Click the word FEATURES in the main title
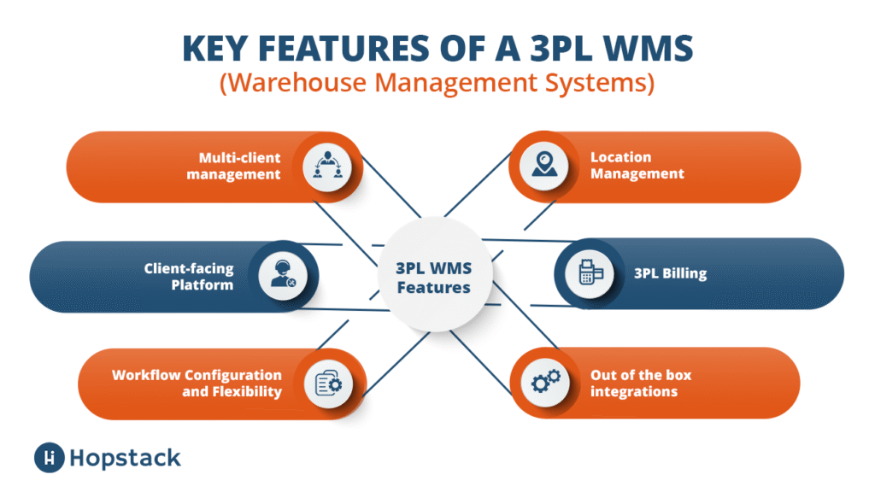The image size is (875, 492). (344, 48)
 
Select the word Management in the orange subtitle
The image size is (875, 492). (455, 83)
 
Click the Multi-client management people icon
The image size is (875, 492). (327, 166)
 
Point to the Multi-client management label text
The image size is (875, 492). (233, 166)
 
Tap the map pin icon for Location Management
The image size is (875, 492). (544, 165)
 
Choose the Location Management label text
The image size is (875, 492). (637, 165)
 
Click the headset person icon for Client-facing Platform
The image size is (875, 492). (284, 274)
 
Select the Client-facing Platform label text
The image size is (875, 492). (189, 276)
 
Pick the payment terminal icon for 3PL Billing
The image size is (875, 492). (590, 272)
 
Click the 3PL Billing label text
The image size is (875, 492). (670, 273)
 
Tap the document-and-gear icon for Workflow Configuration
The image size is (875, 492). (328, 384)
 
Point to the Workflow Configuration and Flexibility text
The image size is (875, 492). (197, 384)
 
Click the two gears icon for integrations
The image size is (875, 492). (546, 381)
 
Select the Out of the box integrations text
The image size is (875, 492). (641, 384)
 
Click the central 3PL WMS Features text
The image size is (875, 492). (433, 278)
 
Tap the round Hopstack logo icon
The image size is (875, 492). (49, 458)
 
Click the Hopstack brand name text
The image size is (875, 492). (125, 459)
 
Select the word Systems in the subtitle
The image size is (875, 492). (599, 83)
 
